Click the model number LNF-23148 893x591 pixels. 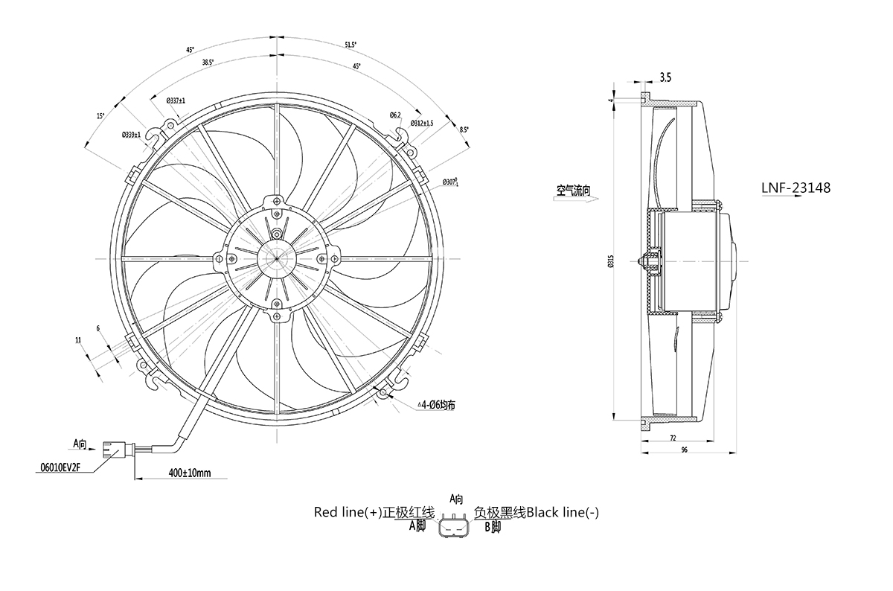point(796,189)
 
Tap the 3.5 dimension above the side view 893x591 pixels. point(665,77)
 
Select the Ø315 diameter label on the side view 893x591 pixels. point(611,261)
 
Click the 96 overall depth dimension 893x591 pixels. point(683,450)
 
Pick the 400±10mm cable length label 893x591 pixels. point(189,473)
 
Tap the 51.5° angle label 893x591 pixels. point(351,45)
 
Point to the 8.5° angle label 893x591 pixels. point(444,130)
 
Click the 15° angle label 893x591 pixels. point(100,115)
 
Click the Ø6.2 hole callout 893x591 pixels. point(395,114)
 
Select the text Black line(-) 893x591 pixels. point(562,512)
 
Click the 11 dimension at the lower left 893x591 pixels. point(78,339)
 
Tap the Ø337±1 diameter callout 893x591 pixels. point(176,100)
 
